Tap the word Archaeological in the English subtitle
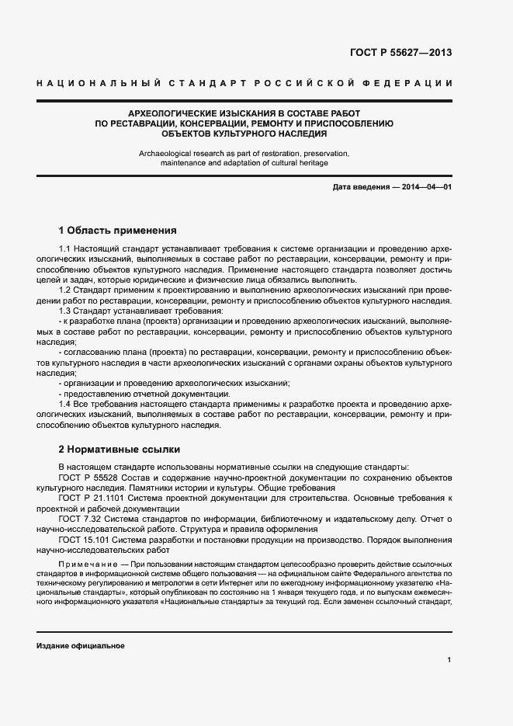166,153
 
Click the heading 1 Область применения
118,230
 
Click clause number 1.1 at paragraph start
65,248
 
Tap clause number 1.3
65,311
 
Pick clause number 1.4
65,405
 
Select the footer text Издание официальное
81,646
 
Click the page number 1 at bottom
449,660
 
